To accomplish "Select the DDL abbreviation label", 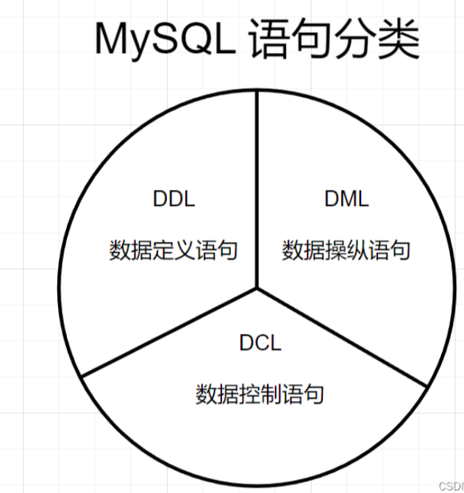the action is click(174, 199).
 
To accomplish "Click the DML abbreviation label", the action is click(346, 199).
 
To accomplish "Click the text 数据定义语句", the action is click(174, 250).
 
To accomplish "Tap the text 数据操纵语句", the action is click(346, 250).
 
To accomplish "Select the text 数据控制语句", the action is click(260, 394).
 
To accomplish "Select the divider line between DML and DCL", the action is click(342, 337).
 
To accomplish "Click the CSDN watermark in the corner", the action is click(451, 486).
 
